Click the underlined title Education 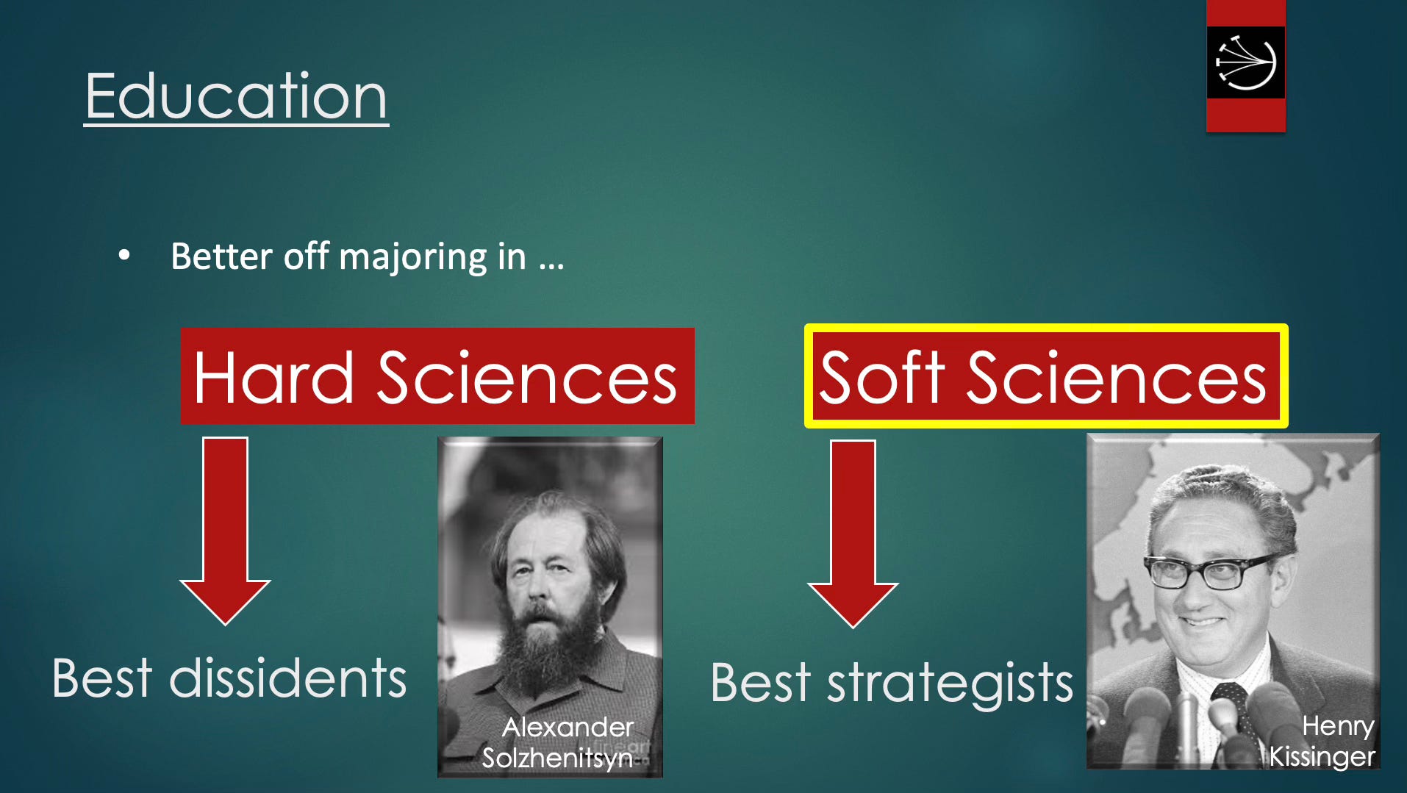(236, 96)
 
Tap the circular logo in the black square (1245, 62)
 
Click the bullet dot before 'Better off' (124, 255)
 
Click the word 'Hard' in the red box (273, 378)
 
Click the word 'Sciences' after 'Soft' (1116, 378)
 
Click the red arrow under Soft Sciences (853, 534)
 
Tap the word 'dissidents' (287, 678)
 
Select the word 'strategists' (950, 683)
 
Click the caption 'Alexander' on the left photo (568, 727)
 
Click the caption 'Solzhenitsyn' (556, 758)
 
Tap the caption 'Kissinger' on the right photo (1322, 756)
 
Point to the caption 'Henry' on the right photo (1338, 726)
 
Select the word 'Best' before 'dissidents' (101, 678)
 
